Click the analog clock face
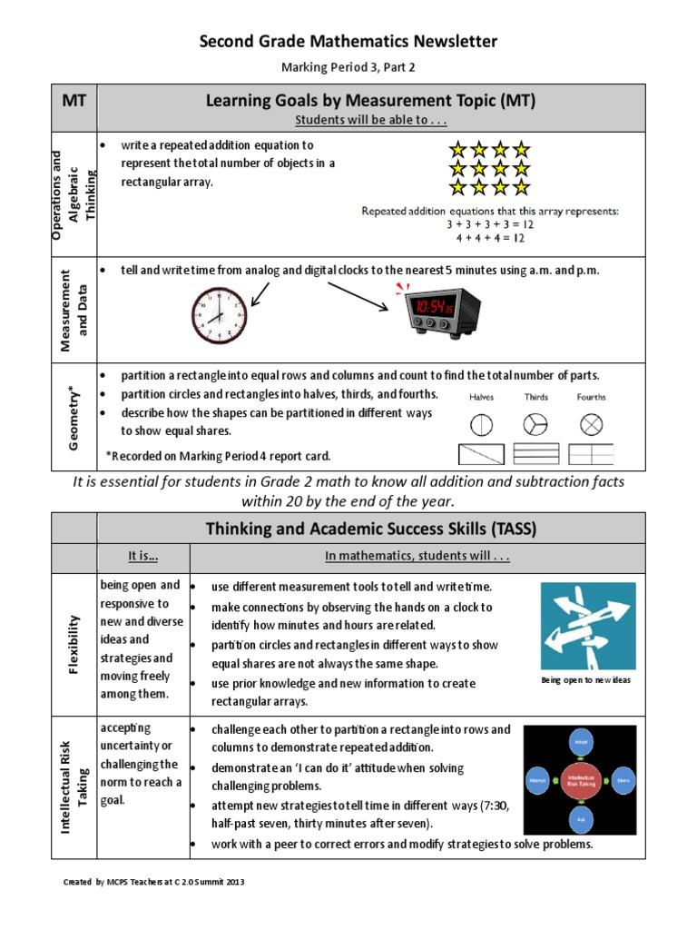click(x=219, y=315)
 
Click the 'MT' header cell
click(x=74, y=101)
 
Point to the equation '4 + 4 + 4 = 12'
click(x=490, y=239)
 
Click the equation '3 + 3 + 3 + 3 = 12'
click(x=490, y=224)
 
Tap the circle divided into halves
click(x=481, y=424)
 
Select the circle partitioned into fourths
click(x=592, y=424)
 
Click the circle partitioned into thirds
click(x=535, y=424)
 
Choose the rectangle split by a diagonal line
click(x=481, y=454)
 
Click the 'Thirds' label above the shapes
click(x=536, y=397)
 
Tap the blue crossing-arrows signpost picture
click(x=588, y=627)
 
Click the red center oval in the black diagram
click(x=581, y=780)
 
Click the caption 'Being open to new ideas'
click(x=585, y=680)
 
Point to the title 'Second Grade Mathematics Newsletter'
click(x=348, y=42)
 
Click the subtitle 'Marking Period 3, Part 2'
click(x=348, y=67)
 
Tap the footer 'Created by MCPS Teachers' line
click(x=153, y=882)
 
